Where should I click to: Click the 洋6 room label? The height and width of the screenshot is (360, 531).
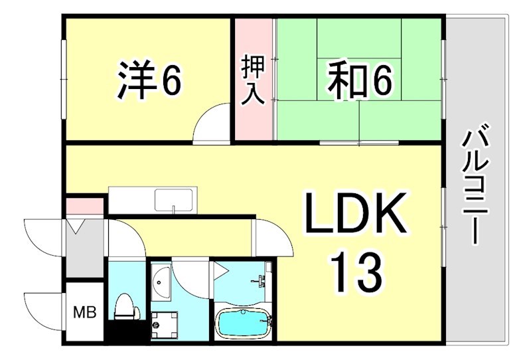pyautogui.click(x=149, y=81)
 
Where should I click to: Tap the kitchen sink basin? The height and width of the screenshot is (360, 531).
pyautogui.click(x=173, y=199)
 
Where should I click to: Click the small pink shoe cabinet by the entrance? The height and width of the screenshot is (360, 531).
pyautogui.click(x=85, y=207)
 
